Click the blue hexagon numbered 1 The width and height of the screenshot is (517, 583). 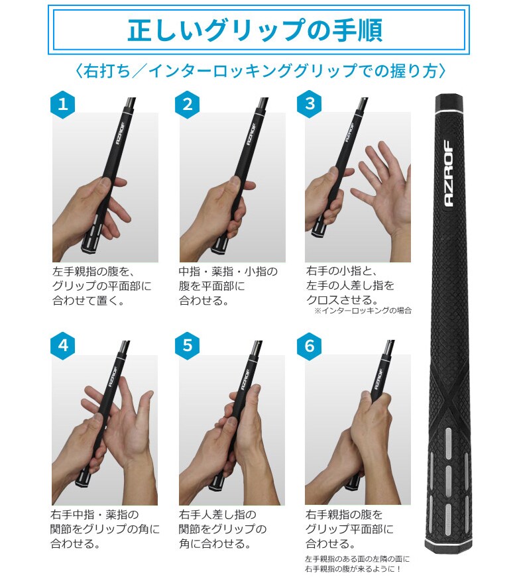[63, 104]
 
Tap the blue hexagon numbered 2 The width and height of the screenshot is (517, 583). [188, 104]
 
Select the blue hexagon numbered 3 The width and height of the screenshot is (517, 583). [310, 104]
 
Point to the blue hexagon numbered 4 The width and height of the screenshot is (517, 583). [63, 346]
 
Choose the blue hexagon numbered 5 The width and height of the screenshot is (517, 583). [188, 346]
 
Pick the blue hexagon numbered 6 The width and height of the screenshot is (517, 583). [310, 346]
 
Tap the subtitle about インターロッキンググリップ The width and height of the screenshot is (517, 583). [259, 71]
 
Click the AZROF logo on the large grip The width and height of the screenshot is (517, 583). [448, 174]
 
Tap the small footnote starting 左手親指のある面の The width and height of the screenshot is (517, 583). [358, 564]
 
